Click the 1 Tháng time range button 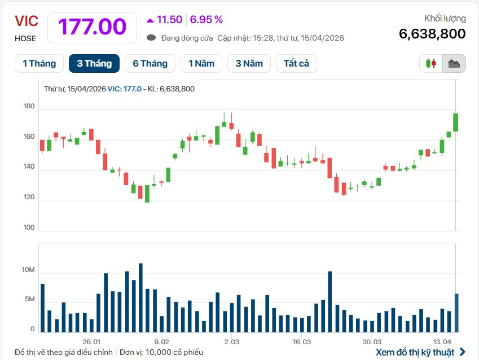coord(39,64)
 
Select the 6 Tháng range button coord(150,64)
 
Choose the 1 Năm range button coord(201,64)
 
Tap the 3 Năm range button coord(249,64)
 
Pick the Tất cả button coord(296,64)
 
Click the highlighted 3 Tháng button coord(94,64)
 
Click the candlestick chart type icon coord(431,64)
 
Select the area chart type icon coord(454,64)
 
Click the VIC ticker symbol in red coord(27,21)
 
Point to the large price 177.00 coord(92,27)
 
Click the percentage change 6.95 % coord(206,20)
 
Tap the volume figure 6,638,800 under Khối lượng coord(432,34)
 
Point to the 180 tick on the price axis coord(29,107)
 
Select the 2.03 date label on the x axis coord(232,342)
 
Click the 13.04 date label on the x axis coord(442,342)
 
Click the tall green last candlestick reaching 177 coord(455,122)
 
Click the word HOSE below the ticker coord(25,38)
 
